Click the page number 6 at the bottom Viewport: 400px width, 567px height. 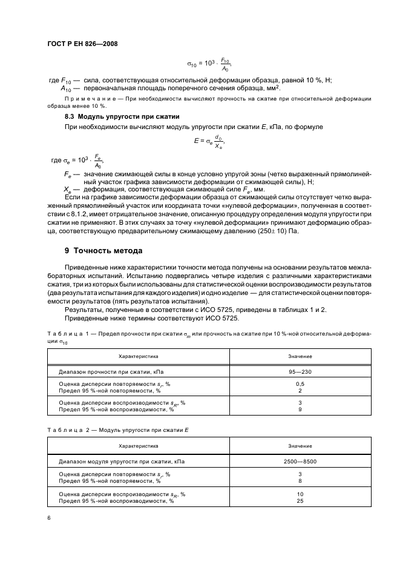pos(49,518)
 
